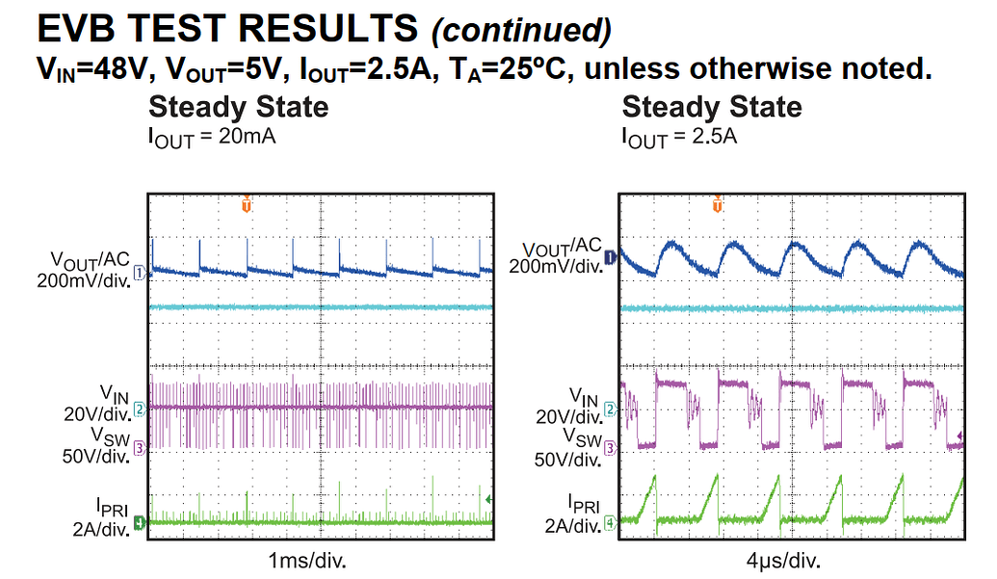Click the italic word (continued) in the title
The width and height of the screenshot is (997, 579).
click(x=521, y=31)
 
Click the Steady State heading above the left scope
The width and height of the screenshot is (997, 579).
click(x=238, y=106)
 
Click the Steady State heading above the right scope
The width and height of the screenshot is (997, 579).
click(x=712, y=106)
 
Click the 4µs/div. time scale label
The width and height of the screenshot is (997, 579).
click(x=781, y=559)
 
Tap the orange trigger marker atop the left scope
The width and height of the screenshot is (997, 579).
click(x=247, y=204)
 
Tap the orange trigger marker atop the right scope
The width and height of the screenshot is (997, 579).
click(x=717, y=204)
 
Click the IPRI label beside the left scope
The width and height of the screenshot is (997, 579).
click(x=110, y=504)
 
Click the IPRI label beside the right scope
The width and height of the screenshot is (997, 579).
click(x=584, y=504)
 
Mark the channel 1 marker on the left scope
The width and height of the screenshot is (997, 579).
click(x=139, y=274)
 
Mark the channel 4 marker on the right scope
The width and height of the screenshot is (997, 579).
click(x=610, y=523)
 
